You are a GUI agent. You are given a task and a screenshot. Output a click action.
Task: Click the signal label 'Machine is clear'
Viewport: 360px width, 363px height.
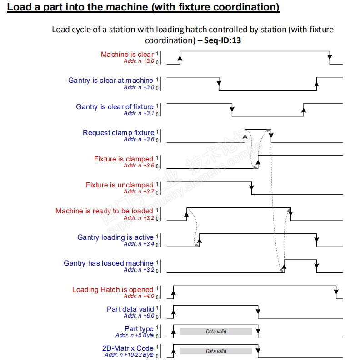[x=127, y=55]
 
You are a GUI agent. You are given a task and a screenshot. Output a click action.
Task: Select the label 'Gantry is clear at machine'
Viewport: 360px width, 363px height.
[x=110, y=81]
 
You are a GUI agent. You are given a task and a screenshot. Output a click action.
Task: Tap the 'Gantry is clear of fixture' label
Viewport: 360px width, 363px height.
[x=115, y=107]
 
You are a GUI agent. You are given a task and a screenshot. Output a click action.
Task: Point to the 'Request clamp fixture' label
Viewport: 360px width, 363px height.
[x=118, y=133]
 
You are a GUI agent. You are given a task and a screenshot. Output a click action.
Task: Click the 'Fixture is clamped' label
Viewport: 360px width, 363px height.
[x=124, y=159]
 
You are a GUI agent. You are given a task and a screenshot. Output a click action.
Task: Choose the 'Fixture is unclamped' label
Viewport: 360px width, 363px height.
[x=120, y=185]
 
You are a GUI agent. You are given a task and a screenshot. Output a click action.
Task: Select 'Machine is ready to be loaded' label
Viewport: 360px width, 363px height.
[x=104, y=211]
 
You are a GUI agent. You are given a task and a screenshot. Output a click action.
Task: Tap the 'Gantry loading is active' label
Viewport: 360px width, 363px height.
[x=115, y=237]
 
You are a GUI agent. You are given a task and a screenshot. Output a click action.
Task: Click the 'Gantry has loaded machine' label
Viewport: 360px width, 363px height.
[x=109, y=263]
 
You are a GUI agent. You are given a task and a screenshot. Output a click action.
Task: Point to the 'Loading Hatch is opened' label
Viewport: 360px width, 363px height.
[x=113, y=290]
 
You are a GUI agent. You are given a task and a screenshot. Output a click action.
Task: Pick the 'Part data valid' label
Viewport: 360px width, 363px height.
[x=130, y=309]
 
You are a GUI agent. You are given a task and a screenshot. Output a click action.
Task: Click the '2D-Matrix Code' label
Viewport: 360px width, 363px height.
[x=128, y=348]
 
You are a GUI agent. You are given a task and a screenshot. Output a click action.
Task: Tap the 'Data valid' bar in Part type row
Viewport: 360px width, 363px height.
[x=216, y=332]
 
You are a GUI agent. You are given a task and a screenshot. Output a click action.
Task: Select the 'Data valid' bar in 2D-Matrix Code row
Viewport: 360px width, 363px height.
[x=216, y=351]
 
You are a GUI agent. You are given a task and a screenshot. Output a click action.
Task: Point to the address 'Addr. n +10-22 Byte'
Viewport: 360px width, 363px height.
[x=129, y=355]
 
